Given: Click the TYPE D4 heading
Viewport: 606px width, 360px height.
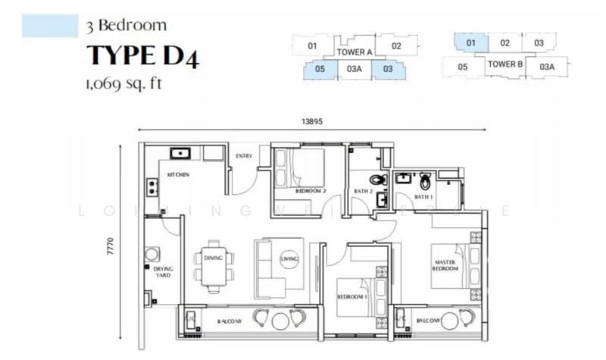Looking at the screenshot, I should click(143, 57).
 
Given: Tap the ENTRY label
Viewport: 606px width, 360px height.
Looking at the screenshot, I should click(244, 156).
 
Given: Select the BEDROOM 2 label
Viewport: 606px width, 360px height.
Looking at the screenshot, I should click(311, 191).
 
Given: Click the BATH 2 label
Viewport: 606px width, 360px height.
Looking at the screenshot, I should click(364, 191).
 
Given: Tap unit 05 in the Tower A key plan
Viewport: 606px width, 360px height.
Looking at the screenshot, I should click(320, 69).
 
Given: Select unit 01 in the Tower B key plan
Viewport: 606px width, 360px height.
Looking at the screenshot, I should click(470, 43).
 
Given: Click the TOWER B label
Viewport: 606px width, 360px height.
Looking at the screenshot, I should click(504, 64).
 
